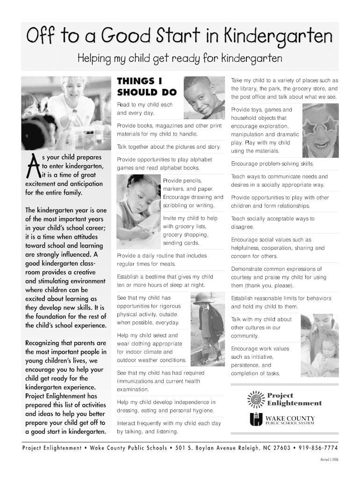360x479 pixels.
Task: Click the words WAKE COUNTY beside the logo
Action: [x=290, y=418]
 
